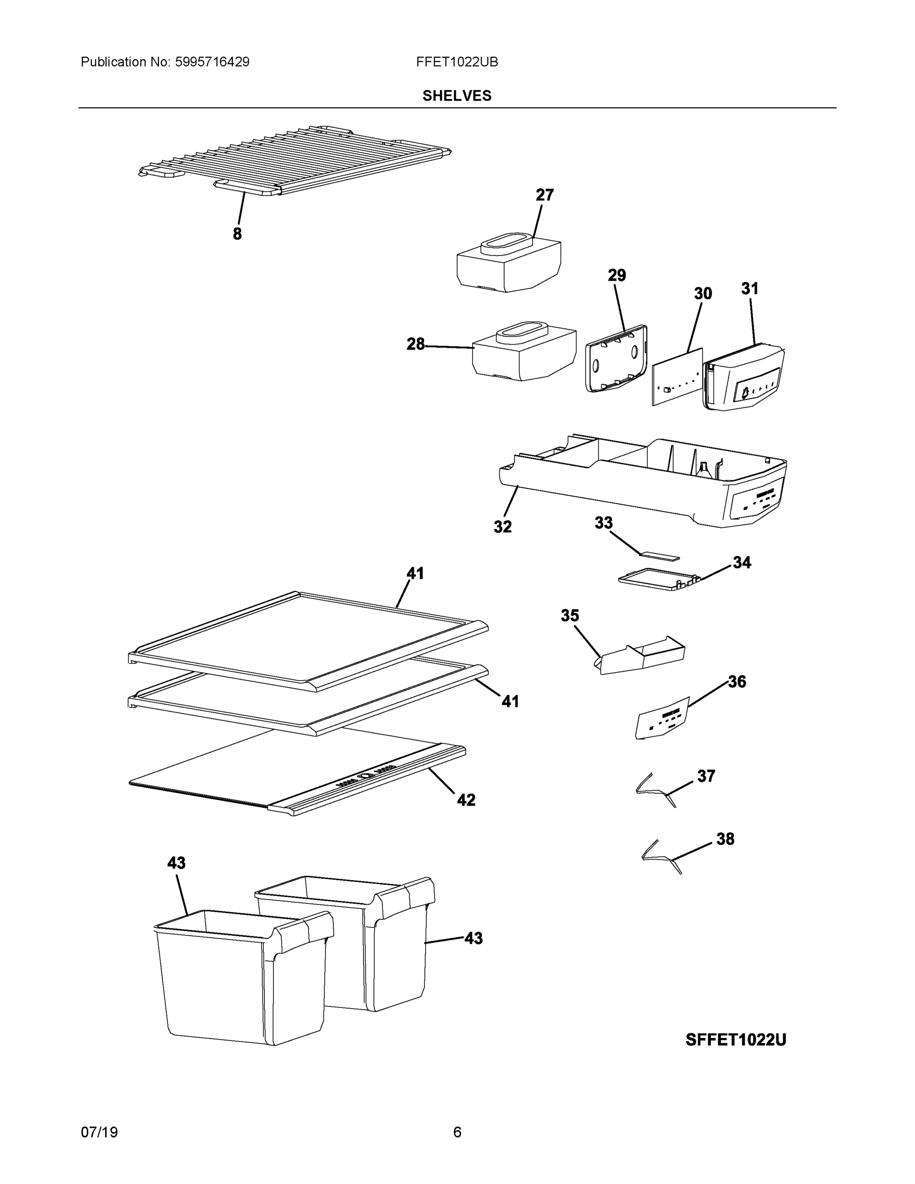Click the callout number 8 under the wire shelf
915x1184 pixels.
237,234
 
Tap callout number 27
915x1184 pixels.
545,195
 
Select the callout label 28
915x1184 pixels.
416,344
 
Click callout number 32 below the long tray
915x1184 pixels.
503,526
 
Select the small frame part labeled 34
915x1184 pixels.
657,579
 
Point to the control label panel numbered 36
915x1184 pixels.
662,718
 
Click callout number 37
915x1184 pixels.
706,776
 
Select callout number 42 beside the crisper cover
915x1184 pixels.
466,800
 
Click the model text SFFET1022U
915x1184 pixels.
735,1039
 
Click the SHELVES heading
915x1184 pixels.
457,96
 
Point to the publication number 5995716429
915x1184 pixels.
212,62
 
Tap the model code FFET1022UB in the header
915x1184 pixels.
457,62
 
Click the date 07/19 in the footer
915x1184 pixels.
99,1132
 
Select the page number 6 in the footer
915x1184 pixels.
457,1132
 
